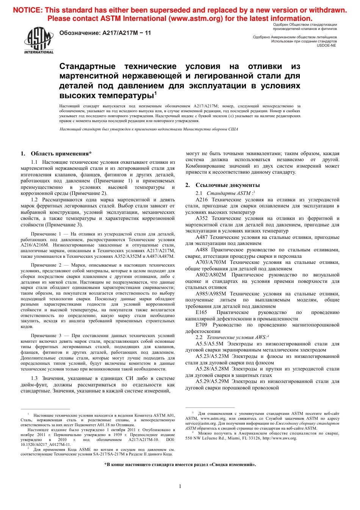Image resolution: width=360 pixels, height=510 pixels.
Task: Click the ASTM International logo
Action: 39,41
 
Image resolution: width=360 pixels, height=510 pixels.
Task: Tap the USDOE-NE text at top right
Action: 326,46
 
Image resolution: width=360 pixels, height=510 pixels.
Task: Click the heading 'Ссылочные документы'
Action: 227,185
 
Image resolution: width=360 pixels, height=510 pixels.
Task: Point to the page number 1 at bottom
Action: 180,486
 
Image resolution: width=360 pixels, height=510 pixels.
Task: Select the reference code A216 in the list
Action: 202,199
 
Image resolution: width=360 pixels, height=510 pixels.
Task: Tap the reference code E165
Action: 201,312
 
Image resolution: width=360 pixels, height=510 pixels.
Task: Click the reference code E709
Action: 201,325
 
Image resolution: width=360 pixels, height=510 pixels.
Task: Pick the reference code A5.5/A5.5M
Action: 210,344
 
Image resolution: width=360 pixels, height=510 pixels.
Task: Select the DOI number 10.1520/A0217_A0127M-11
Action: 45,444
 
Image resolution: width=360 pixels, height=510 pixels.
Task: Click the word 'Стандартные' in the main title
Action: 87,66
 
